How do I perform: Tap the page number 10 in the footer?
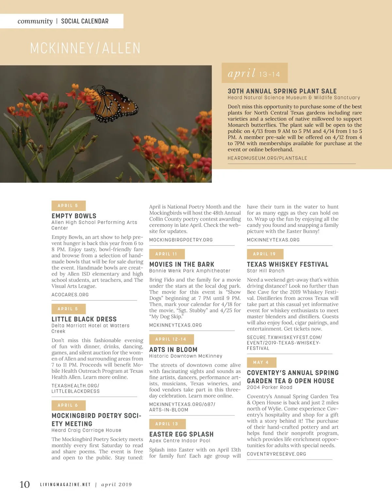[24, 484]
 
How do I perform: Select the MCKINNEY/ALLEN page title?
[85, 48]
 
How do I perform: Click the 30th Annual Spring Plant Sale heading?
[282, 91]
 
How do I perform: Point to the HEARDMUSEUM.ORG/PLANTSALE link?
[267, 158]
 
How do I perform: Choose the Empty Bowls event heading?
[74, 216]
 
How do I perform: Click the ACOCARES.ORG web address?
[70, 295]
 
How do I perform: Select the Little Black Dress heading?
[84, 319]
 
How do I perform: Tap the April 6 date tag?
[68, 405]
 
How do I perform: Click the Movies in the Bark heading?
[182, 264]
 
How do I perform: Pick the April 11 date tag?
[167, 254]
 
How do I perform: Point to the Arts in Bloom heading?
[173, 350]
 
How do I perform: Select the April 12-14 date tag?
[171, 339]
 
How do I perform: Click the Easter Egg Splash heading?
[181, 434]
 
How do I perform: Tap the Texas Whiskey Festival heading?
[287, 264]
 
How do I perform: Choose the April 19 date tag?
[265, 254]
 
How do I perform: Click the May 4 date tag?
[261, 362]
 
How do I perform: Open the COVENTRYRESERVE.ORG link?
[276, 454]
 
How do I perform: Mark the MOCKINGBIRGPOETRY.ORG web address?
[181, 240]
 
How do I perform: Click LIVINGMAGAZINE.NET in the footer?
[65, 485]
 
